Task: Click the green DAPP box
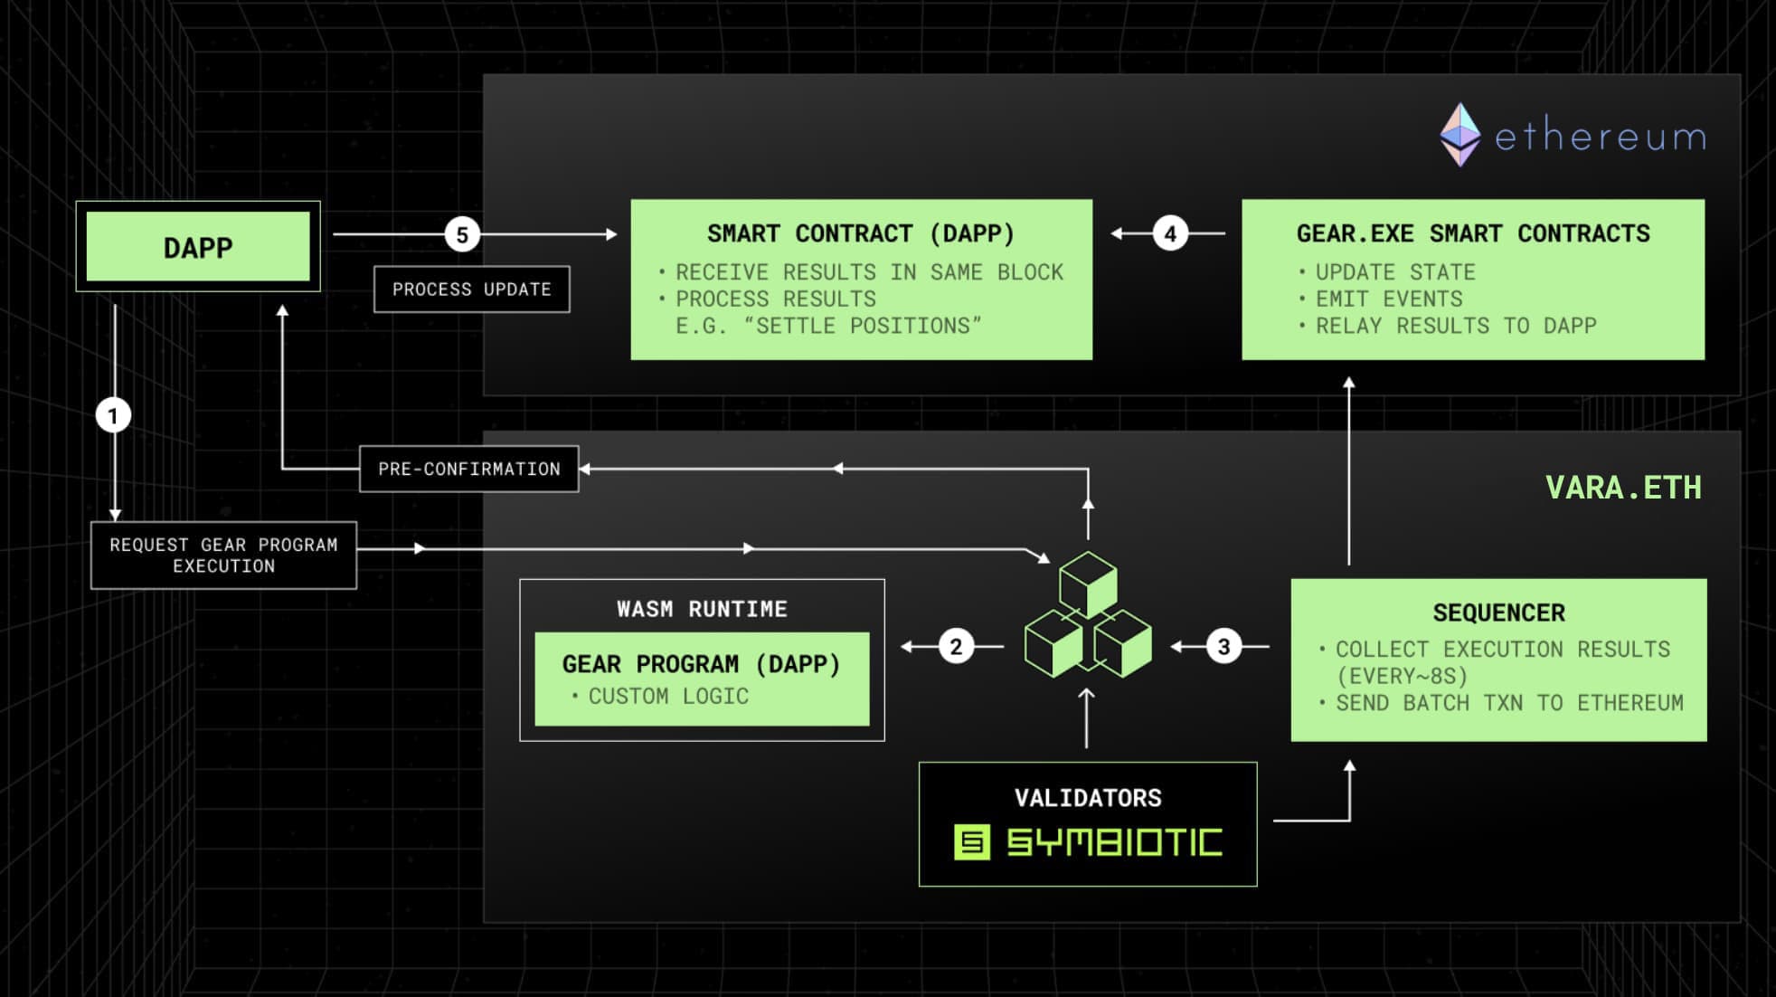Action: [x=197, y=247]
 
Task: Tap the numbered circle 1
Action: [x=113, y=415]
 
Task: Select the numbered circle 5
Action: [x=462, y=235]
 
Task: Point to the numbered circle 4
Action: [x=1170, y=234]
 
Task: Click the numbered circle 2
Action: [x=956, y=646]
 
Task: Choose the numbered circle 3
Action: [x=1223, y=646]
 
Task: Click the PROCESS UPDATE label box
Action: [x=471, y=290]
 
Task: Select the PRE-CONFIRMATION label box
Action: [x=468, y=469]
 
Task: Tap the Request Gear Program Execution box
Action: [x=223, y=555]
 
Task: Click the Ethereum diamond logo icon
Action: [x=1460, y=135]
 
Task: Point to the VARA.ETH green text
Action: [x=1623, y=488]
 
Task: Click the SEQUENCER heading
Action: [x=1498, y=612]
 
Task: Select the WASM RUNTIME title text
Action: [x=702, y=609]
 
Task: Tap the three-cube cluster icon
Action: [x=1088, y=615]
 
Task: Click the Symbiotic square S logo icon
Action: [x=972, y=842]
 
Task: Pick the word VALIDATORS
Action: [x=1088, y=798]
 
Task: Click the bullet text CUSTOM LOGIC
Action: [x=668, y=696]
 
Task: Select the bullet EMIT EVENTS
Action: [x=1388, y=299]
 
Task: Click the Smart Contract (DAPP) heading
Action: [x=861, y=233]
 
